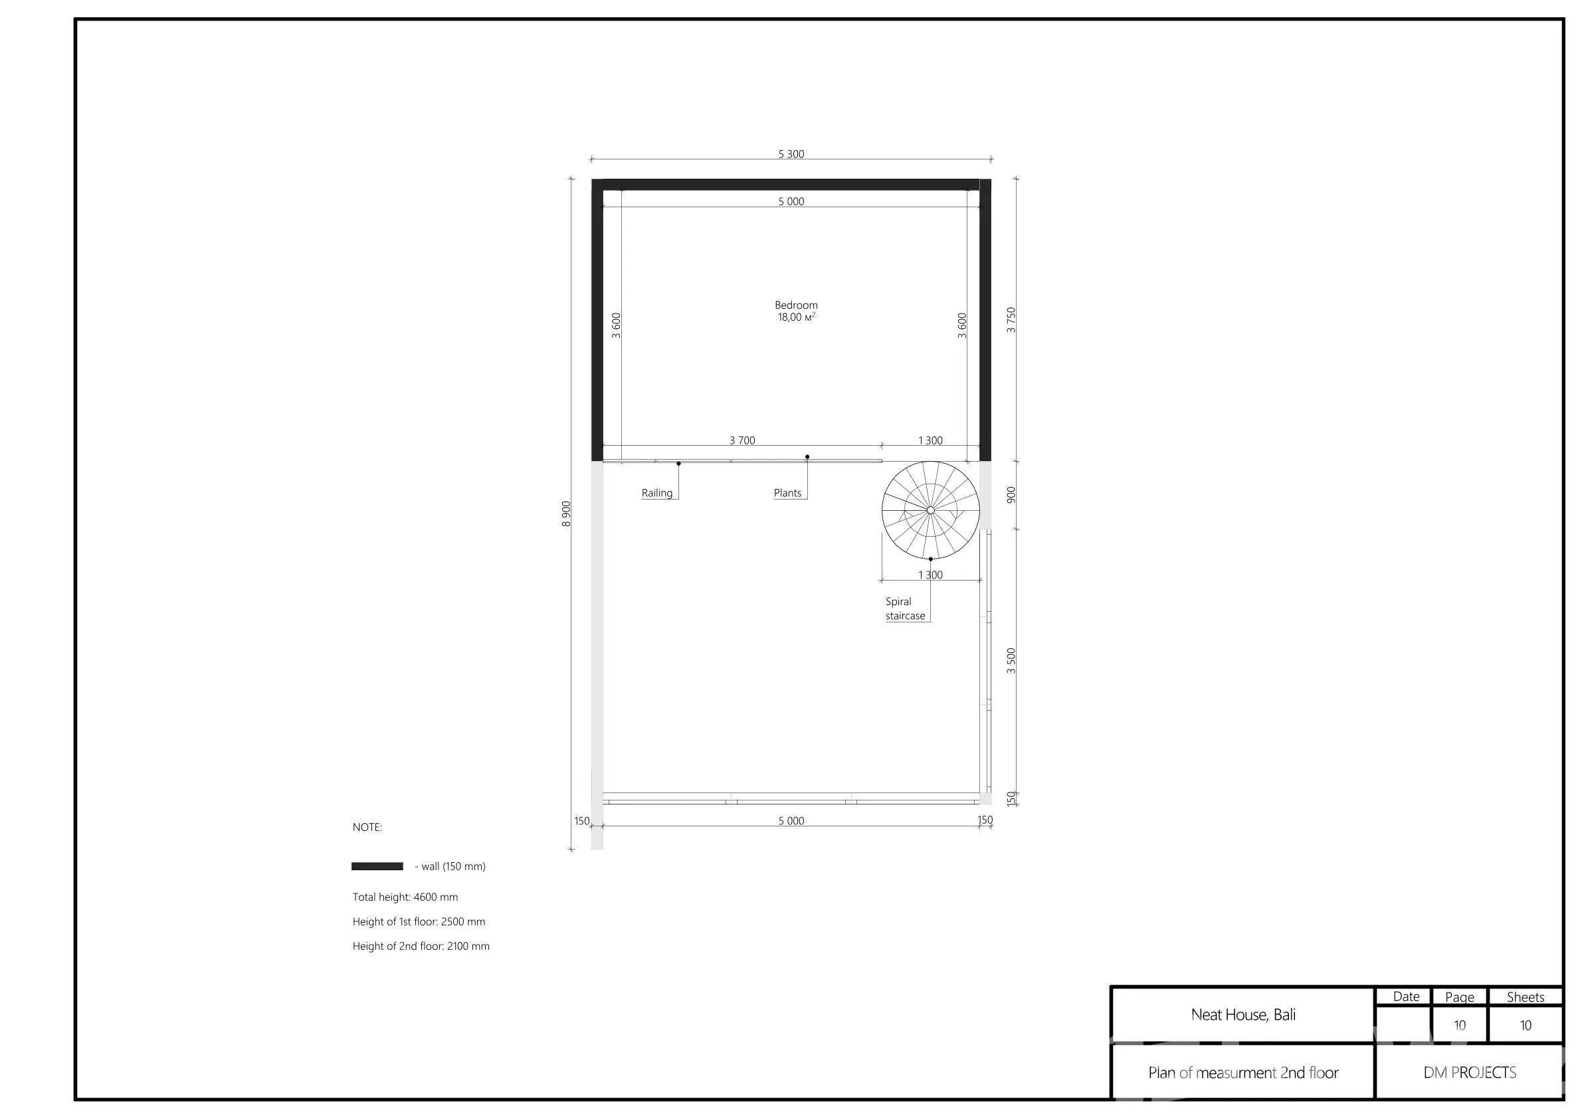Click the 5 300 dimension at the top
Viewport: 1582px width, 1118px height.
[x=791, y=153]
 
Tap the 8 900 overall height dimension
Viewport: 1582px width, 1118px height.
[x=566, y=514]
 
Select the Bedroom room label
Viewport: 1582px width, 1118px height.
[x=796, y=304]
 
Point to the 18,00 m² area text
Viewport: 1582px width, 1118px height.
[x=797, y=317]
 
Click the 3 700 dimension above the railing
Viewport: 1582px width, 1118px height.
[x=742, y=440]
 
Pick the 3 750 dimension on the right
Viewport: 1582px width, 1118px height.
[x=1011, y=320]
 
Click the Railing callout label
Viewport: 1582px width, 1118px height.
[x=656, y=492]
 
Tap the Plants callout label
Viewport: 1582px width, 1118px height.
[x=787, y=492]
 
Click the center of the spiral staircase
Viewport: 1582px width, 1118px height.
[x=930, y=510]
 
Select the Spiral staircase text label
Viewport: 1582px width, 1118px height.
[x=906, y=608]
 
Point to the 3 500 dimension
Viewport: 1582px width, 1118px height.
[x=1011, y=660]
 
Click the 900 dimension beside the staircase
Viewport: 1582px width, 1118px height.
[x=1011, y=495]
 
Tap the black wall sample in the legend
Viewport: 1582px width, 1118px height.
[x=377, y=866]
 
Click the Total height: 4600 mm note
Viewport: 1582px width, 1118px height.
[x=405, y=897]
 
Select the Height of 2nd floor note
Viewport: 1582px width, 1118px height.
[x=421, y=946]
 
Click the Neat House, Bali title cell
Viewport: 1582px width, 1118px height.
[x=1243, y=1014]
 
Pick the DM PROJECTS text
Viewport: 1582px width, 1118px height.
[x=1470, y=1073]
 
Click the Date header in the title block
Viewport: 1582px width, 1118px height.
[x=1406, y=996]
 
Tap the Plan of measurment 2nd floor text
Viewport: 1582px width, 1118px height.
[x=1243, y=1073]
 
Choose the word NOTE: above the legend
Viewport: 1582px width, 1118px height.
[x=367, y=827]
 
